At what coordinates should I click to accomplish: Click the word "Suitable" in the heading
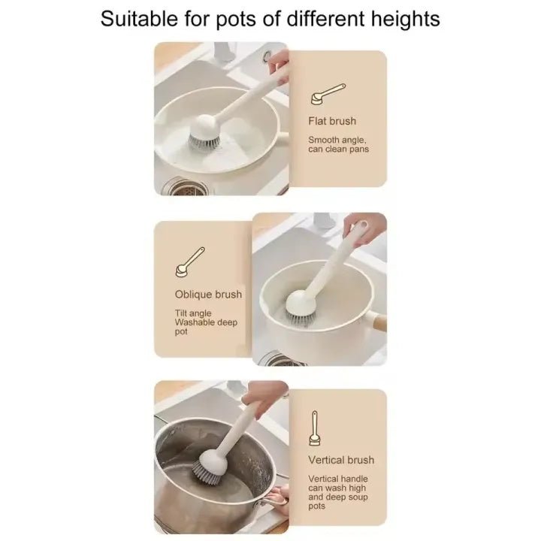tap(140, 19)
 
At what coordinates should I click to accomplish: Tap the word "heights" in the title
tap(406, 20)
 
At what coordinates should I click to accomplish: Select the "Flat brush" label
tap(332, 121)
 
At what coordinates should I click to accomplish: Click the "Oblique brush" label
tap(208, 295)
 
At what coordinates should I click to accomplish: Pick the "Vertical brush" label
tap(341, 460)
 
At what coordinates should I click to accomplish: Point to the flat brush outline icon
tap(328, 94)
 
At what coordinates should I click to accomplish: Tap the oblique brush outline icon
tap(189, 262)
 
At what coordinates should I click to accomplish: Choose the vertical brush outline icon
tap(314, 428)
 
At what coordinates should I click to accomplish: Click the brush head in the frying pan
tap(204, 131)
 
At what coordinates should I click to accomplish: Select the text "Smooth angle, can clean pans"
tap(338, 144)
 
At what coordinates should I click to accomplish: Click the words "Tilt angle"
tap(193, 313)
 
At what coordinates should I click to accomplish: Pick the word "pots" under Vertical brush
tap(317, 506)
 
